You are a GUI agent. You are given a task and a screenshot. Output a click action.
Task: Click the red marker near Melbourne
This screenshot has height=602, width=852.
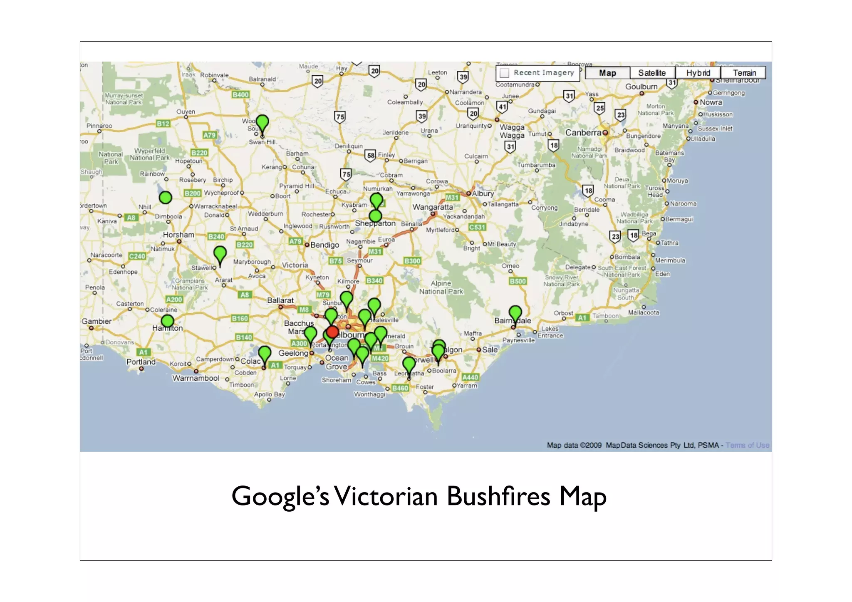pyautogui.click(x=332, y=332)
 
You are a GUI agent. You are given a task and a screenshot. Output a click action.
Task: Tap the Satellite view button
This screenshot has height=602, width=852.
pyautogui.click(x=652, y=73)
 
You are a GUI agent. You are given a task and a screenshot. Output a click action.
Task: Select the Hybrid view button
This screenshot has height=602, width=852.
pyautogui.click(x=698, y=73)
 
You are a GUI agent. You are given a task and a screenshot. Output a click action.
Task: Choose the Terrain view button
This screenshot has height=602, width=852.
pyautogui.click(x=744, y=73)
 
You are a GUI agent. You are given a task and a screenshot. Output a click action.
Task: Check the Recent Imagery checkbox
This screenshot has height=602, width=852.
pyautogui.click(x=505, y=73)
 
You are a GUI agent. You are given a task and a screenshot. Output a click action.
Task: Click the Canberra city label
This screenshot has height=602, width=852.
pyautogui.click(x=583, y=133)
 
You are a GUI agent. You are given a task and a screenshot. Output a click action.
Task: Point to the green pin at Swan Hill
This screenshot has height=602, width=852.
pyautogui.click(x=262, y=124)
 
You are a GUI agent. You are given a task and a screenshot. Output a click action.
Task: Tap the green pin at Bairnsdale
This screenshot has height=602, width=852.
pyautogui.click(x=515, y=314)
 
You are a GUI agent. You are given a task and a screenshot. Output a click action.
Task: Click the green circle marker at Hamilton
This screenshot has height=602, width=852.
pyautogui.click(x=167, y=321)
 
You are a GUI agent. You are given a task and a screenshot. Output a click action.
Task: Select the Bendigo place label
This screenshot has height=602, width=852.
pyautogui.click(x=324, y=245)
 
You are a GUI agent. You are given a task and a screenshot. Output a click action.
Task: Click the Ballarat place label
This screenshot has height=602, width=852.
pyautogui.click(x=280, y=300)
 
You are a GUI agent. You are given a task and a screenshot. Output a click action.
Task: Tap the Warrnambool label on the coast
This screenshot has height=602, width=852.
pyautogui.click(x=196, y=378)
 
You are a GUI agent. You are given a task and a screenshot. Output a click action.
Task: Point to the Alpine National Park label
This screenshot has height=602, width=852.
pyautogui.click(x=441, y=287)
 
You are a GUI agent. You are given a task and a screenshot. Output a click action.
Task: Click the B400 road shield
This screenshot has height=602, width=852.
pyautogui.click(x=240, y=94)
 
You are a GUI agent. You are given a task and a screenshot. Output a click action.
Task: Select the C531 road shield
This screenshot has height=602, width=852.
pyautogui.click(x=477, y=227)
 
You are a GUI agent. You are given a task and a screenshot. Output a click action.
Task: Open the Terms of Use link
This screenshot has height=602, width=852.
pyautogui.click(x=748, y=445)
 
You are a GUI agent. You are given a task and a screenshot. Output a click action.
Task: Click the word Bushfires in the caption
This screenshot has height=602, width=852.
pyautogui.click(x=498, y=496)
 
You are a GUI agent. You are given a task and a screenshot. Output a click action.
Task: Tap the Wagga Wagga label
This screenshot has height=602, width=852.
pyautogui.click(x=512, y=131)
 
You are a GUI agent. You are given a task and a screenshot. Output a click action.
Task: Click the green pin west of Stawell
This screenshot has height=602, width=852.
pyautogui.click(x=220, y=254)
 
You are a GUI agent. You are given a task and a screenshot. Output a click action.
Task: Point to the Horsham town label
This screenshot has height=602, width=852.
pyautogui.click(x=178, y=235)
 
